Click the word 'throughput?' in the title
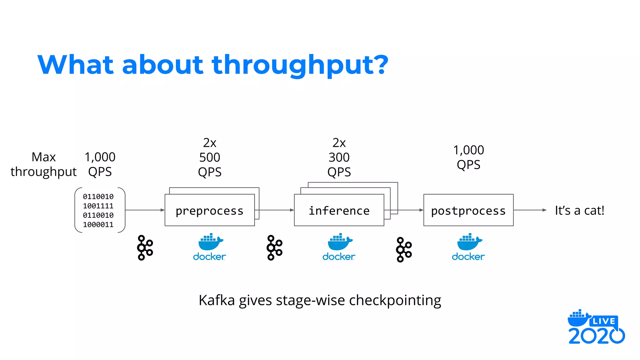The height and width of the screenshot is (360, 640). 300,65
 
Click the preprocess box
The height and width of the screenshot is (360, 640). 209,210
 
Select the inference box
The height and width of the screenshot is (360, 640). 339,210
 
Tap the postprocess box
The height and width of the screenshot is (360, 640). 468,210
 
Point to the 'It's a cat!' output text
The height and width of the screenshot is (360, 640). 579,210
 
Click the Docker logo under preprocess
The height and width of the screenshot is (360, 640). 209,247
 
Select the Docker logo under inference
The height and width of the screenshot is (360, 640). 339,247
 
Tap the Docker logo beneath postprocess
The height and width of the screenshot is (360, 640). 468,247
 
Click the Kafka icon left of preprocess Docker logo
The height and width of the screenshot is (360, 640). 145,247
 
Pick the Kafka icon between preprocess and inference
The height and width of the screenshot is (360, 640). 274,247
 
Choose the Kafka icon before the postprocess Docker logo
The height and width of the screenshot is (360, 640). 403,249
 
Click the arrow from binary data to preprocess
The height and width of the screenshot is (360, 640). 145,210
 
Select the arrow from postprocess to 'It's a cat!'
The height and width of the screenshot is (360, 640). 530,210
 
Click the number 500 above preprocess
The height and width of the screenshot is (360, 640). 210,157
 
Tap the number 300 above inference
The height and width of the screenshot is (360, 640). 339,157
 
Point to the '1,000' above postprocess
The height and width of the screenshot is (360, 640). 468,150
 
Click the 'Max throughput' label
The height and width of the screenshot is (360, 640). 43,164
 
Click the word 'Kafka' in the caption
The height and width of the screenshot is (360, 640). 217,300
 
